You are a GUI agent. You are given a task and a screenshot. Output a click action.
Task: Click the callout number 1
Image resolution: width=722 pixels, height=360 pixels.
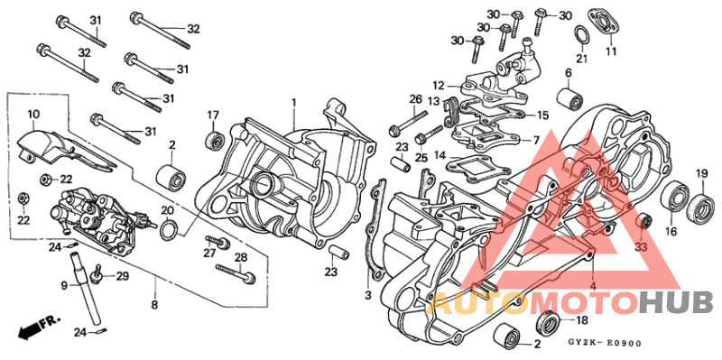pyautogui.click(x=293, y=103)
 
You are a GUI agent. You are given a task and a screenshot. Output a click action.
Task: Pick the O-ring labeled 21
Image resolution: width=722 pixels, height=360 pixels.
pyautogui.click(x=582, y=35)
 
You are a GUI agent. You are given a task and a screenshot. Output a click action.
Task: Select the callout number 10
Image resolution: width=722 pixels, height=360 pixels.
pyautogui.click(x=33, y=115)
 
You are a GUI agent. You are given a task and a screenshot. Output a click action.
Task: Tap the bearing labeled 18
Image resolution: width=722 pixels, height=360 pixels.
pyautogui.click(x=547, y=323)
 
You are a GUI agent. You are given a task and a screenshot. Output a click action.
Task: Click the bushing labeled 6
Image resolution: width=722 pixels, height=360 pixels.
pyautogui.click(x=569, y=97)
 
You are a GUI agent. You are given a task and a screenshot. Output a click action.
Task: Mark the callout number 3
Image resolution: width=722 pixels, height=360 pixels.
pyautogui.click(x=367, y=294)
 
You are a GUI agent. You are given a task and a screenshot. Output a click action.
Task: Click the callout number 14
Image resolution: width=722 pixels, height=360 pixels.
pyautogui.click(x=439, y=155)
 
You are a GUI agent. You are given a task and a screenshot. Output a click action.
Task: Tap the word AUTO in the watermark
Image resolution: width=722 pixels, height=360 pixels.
pyautogui.click(x=473, y=302)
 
